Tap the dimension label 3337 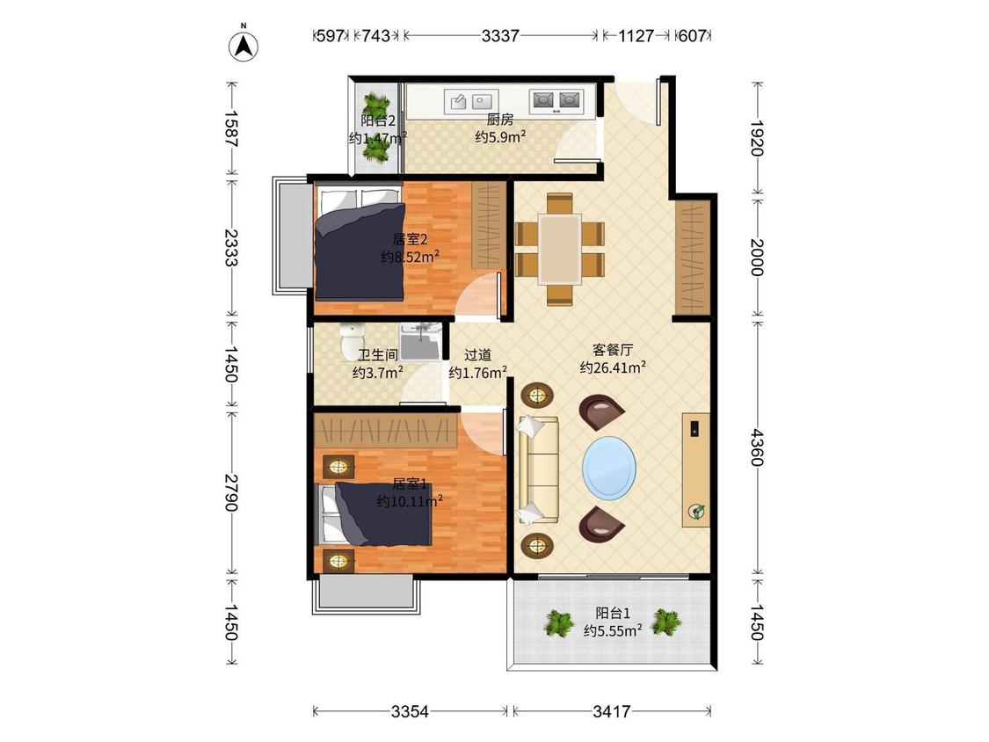tap(500, 36)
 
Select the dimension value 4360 tap(757, 447)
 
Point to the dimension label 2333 tap(231, 247)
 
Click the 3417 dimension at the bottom tap(611, 712)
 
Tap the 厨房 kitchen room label tap(500, 120)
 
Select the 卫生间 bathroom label tap(378, 355)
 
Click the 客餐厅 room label tap(613, 350)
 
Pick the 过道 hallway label tap(477, 355)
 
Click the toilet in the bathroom tap(350, 341)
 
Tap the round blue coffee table tap(609, 469)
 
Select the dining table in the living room tap(559, 250)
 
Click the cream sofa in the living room tap(537, 470)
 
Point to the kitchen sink tap(471, 101)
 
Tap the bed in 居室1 tap(376, 514)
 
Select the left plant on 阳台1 tap(559, 622)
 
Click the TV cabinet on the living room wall tap(695, 470)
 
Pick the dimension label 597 tap(331, 36)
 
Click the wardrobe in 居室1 tap(385, 431)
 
